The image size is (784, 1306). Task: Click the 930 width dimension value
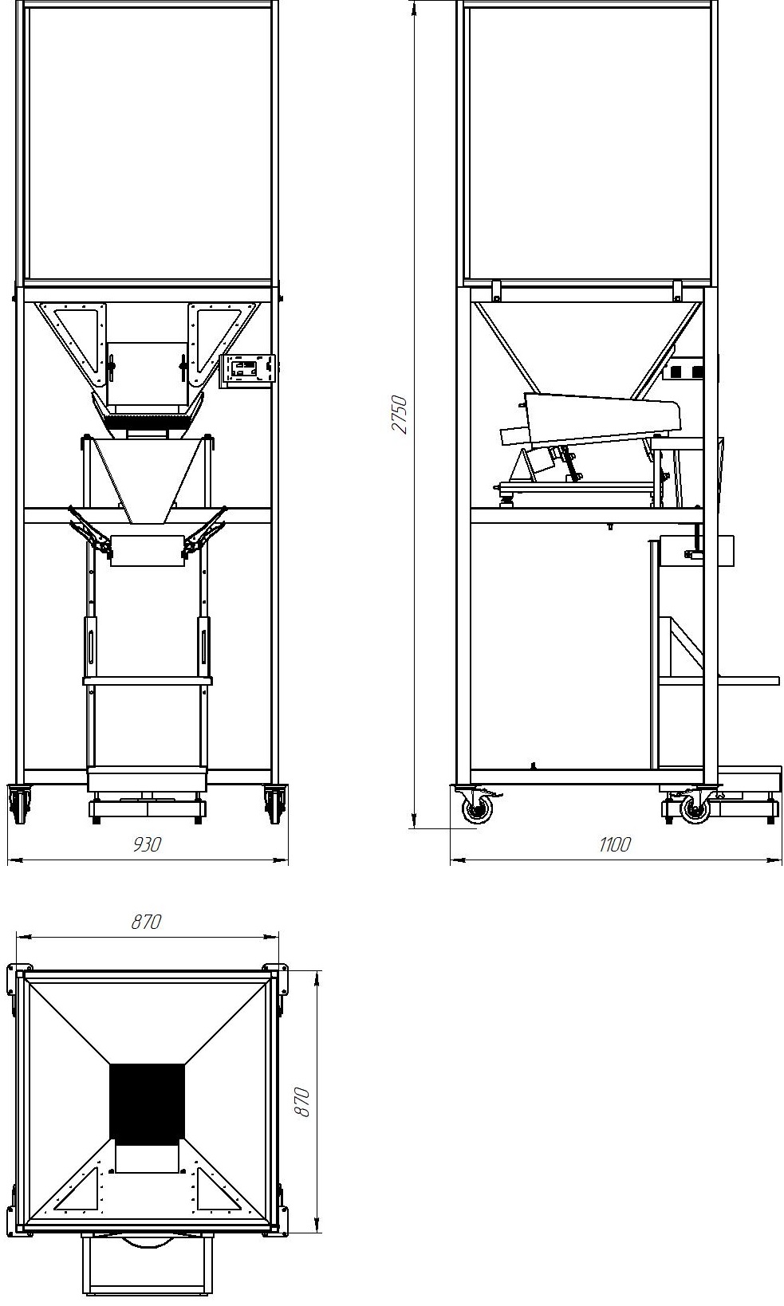click(x=147, y=844)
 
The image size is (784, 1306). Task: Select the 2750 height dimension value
click(x=400, y=415)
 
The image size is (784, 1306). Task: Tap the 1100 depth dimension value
click(x=614, y=844)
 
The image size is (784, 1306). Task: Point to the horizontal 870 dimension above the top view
click(x=147, y=922)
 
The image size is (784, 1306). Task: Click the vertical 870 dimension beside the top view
click(x=301, y=1101)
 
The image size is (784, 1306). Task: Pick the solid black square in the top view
click(x=147, y=1101)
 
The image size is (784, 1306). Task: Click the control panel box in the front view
click(x=247, y=369)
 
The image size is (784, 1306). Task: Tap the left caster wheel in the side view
click(x=478, y=808)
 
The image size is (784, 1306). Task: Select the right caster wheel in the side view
click(x=694, y=808)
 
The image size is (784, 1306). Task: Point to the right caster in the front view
click(x=274, y=803)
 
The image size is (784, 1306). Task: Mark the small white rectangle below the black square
click(x=147, y=1158)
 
